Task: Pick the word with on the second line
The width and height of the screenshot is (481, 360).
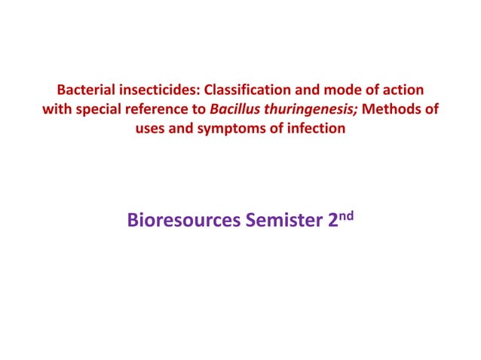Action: click(56, 110)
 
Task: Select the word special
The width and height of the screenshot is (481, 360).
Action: click(97, 110)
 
